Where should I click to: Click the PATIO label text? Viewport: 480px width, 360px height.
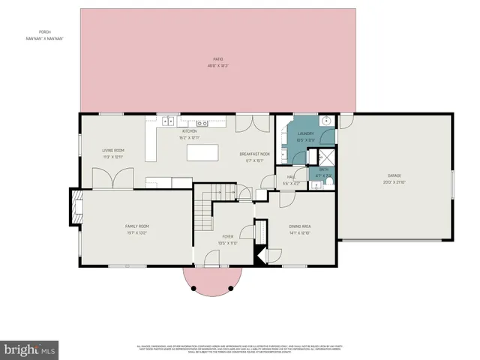tap(217, 59)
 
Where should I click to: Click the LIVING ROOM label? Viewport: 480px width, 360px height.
tap(113, 150)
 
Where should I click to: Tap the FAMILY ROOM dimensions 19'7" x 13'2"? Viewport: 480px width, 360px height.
tap(137, 232)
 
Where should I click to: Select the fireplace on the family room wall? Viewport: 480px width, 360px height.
tap(76, 208)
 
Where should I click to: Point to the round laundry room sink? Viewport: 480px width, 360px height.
tap(327, 121)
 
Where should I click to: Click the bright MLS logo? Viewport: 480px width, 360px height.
tap(30, 349)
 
